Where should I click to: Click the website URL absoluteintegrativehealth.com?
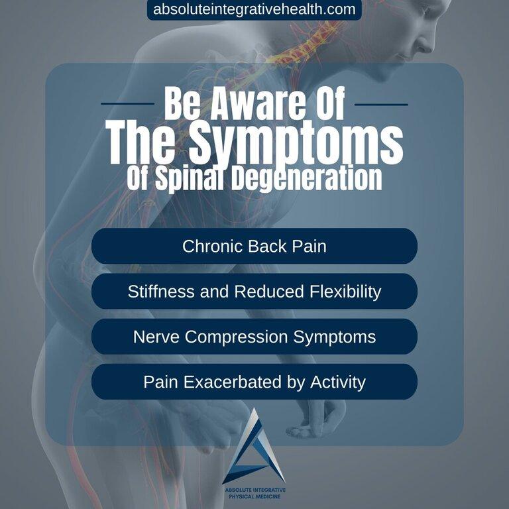click(x=254, y=10)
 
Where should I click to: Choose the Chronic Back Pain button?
click(x=254, y=247)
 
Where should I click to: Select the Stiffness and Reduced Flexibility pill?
click(x=254, y=292)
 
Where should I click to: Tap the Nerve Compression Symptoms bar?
click(x=254, y=337)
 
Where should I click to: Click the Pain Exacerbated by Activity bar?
click(x=254, y=382)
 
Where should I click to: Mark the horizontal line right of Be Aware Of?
click(x=381, y=104)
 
